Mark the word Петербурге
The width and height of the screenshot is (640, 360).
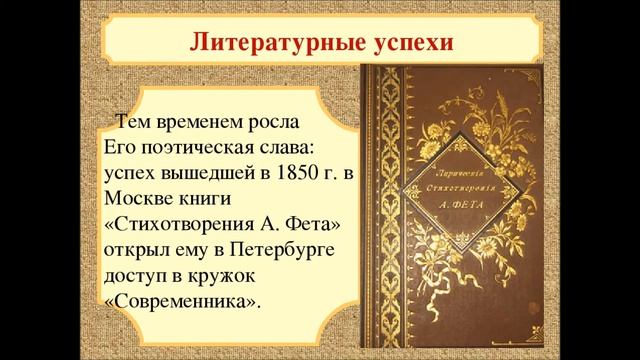(279, 248)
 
